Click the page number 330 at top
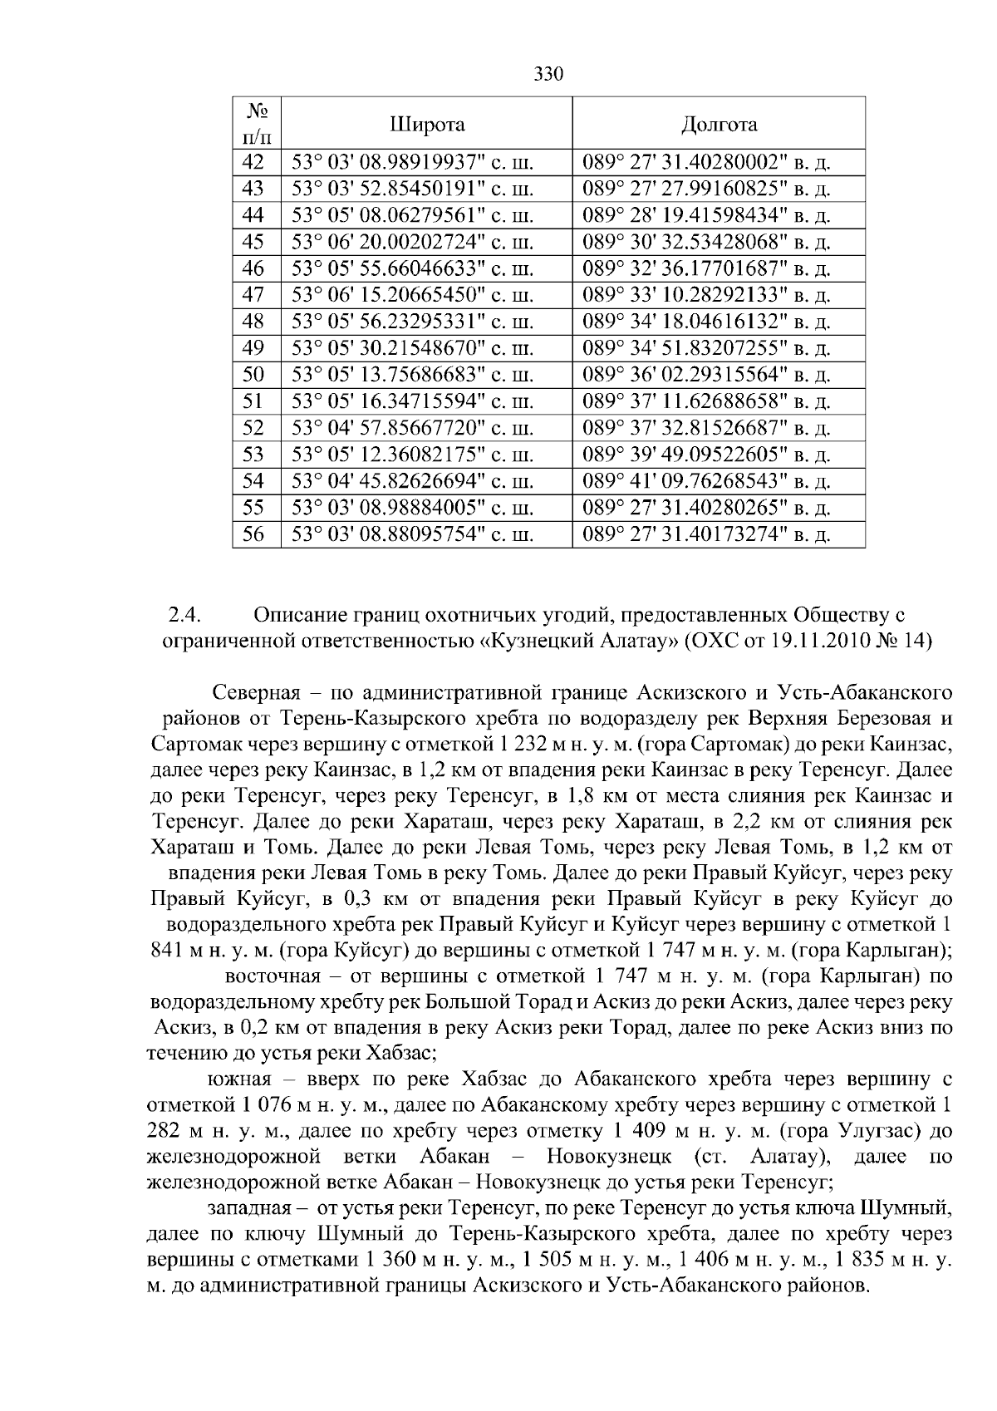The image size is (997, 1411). [x=548, y=75]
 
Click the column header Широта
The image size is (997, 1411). [x=427, y=125]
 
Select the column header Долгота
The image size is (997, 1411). [x=719, y=125]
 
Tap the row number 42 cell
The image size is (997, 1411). [x=253, y=162]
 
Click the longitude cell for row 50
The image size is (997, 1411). [x=707, y=375]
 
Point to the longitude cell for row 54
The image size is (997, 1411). [x=707, y=481]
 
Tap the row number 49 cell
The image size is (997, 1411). [x=253, y=348]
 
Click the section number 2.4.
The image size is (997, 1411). [x=187, y=616]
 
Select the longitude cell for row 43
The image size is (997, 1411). [x=707, y=189]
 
